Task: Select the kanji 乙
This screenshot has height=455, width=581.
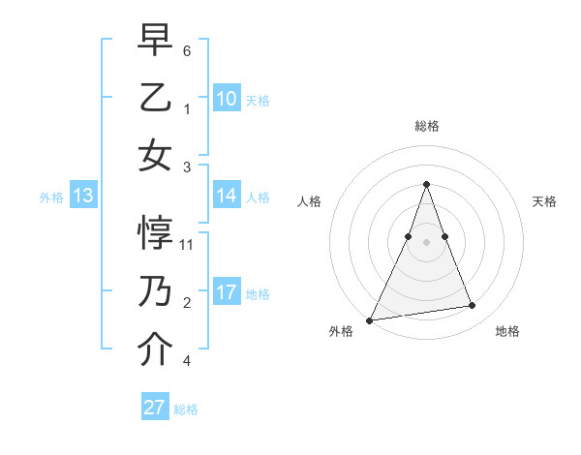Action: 155,99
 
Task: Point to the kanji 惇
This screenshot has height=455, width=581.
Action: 155,235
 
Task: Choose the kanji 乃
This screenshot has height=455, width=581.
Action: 155,292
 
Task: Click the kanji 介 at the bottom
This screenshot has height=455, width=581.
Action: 155,349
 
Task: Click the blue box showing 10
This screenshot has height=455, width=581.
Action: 227,98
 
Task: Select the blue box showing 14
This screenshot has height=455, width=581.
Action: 227,196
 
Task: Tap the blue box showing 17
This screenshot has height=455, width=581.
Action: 227,292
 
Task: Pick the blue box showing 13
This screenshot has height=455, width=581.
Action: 83,197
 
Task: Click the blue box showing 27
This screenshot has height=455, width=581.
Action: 155,408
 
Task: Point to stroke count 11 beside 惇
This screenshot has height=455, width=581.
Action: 188,245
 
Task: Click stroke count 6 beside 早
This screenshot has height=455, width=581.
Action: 187,50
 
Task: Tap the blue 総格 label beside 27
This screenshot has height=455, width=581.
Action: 186,409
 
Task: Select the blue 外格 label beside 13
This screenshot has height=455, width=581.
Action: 51,197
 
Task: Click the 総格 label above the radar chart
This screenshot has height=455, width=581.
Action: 427,126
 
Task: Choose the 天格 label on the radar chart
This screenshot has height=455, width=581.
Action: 545,201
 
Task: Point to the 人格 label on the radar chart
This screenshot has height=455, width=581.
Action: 309,201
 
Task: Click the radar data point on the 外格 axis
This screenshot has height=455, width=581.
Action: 370,319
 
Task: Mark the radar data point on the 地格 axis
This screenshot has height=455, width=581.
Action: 473,306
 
